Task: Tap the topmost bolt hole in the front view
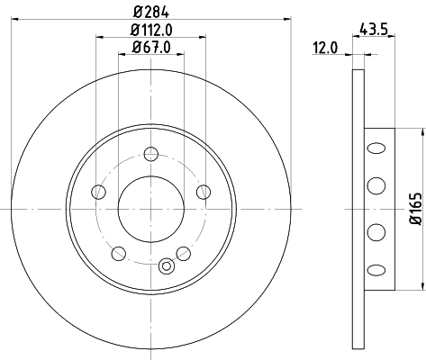pos(150,152)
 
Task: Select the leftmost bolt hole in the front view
pos(97,191)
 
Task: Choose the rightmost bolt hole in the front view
pos(204,191)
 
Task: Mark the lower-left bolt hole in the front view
pos(118,253)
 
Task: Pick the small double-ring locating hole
pos(165,266)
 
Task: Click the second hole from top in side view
pos(372,185)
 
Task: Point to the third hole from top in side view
pos(372,232)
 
